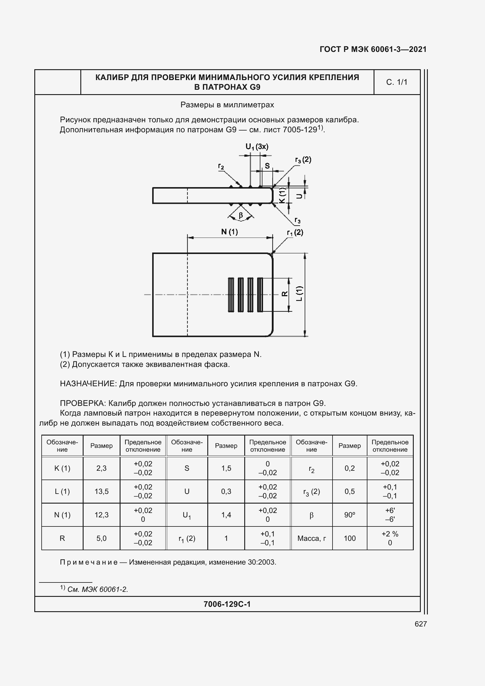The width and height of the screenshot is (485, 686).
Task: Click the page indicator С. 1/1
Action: point(397,82)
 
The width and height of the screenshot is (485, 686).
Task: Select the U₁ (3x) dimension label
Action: point(257,146)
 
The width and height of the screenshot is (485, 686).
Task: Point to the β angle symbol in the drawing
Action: point(241,215)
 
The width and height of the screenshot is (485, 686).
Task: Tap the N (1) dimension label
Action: point(229,232)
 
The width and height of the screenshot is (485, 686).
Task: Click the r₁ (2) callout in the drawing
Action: point(295,233)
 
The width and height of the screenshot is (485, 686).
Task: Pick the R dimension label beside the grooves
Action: point(285,294)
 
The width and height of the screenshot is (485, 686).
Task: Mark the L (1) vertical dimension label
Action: point(299,294)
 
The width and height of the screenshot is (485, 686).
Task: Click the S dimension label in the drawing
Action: point(267,166)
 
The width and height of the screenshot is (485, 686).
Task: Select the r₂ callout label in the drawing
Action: point(221,166)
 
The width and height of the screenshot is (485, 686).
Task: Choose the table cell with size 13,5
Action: point(101,492)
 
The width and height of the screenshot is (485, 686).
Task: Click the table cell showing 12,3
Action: point(101,515)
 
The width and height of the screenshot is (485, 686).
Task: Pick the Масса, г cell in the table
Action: point(311,538)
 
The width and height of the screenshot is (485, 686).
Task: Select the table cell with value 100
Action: point(350,538)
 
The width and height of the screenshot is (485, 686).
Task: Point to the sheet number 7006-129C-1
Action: point(227,604)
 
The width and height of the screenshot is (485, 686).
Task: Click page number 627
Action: point(420,624)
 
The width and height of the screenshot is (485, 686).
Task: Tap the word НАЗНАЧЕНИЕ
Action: point(87,384)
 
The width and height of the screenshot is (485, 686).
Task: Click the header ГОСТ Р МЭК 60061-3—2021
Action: point(373,49)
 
